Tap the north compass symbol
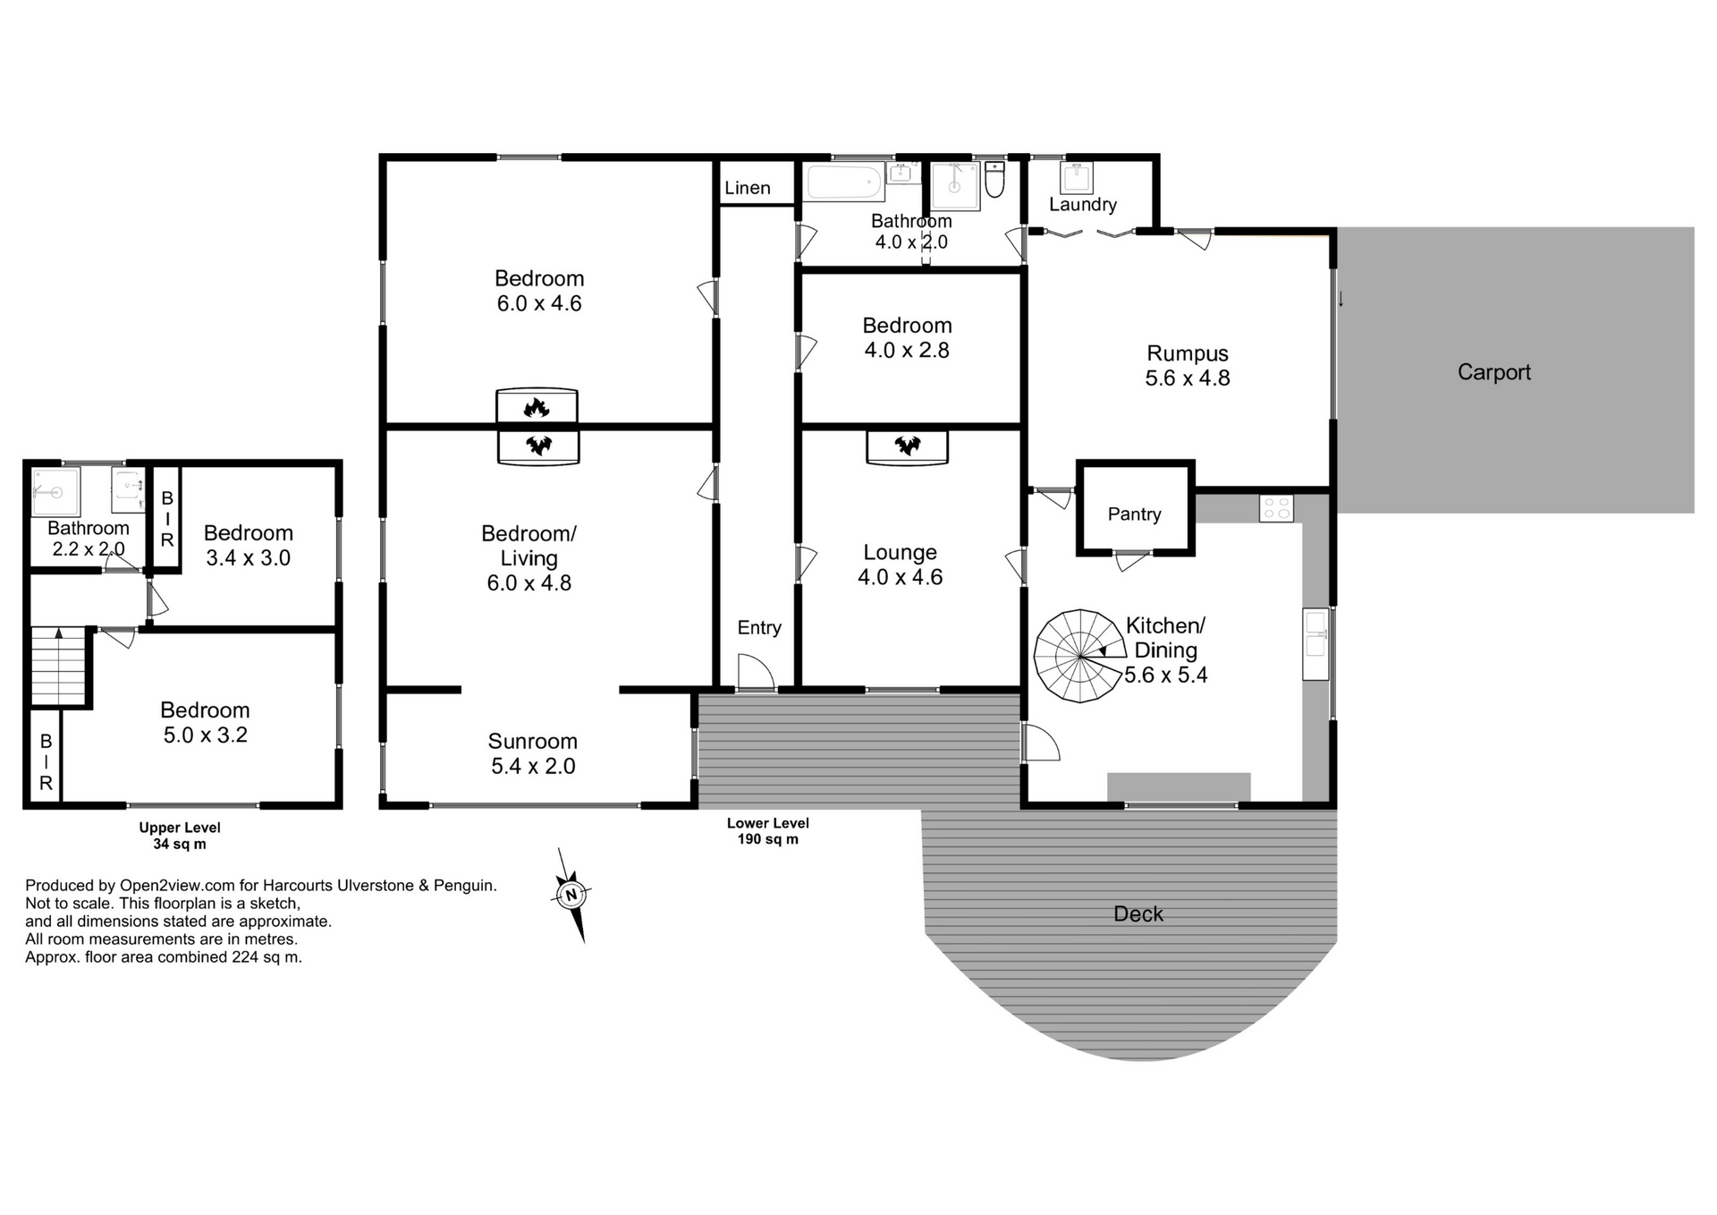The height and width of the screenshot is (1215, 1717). coord(571,895)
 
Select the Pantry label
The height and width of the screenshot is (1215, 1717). coord(1134,514)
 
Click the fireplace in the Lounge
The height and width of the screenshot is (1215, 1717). coord(907,446)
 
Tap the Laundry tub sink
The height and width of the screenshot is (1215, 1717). coord(1076,177)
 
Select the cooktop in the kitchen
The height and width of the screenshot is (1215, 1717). coord(1276,508)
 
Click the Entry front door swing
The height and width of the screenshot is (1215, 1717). coord(756,672)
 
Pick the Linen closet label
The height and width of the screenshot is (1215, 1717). coord(748,188)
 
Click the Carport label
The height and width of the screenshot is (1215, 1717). coord(1493,372)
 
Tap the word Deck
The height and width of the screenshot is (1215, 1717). coord(1138,913)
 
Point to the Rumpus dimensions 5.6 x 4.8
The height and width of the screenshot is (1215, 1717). coord(1187,378)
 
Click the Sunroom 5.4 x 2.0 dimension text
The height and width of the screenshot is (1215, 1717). coord(533,766)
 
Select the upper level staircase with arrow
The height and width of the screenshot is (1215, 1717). coord(59,666)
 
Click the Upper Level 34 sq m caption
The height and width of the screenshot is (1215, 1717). coord(180,836)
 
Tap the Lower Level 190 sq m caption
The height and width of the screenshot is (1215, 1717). coord(767,831)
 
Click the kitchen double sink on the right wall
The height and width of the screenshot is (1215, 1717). coord(1315,644)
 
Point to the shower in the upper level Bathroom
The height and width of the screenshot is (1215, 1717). coord(55,491)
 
